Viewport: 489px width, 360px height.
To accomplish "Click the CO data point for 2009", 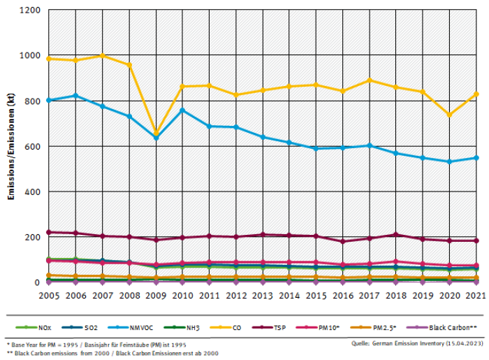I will pos(156,134).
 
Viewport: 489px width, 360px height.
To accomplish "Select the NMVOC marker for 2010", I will pos(182,110).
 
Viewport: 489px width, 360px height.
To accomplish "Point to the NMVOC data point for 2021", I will pos(476,157).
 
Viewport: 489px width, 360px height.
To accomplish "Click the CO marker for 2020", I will pos(449,115).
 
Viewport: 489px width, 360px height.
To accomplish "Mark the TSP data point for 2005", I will pos(49,232).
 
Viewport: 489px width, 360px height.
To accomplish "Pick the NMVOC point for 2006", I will pos(75,96).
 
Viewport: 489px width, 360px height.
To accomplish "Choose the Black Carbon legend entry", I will pos(432,327).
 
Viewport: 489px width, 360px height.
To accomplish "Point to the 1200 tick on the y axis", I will pos(31,10).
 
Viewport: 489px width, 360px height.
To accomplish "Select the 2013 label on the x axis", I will pos(263,296).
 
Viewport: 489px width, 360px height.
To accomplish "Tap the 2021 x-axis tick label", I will pos(476,296).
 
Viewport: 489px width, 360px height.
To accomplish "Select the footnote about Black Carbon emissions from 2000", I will pos(112,353).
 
